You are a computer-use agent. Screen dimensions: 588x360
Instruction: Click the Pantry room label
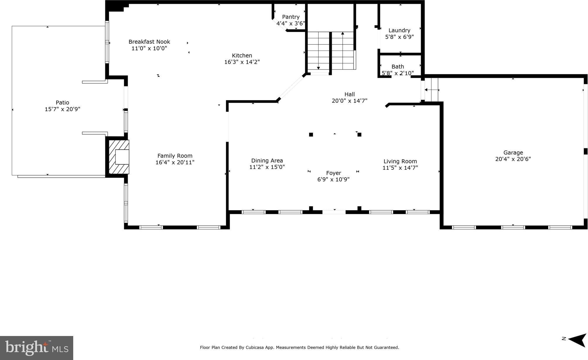291,17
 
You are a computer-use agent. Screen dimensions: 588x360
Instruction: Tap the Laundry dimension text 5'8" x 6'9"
399,37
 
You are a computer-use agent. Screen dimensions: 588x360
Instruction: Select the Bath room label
398,67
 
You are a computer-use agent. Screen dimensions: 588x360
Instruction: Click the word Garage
513,153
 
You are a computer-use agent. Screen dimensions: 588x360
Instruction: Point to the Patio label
62,102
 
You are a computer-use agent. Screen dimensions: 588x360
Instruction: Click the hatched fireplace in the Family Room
119,157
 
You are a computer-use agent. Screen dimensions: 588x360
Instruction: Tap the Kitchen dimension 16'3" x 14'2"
242,62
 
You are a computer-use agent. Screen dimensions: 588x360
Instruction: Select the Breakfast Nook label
149,42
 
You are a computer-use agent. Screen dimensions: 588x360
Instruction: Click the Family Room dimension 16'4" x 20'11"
175,162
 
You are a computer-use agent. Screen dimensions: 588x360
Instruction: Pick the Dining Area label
267,161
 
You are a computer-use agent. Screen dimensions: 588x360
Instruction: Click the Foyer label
334,173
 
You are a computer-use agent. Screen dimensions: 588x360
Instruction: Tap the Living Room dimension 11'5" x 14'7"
400,168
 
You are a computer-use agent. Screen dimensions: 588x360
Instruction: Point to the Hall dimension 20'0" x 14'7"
349,101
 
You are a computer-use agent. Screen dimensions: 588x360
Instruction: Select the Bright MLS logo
37,348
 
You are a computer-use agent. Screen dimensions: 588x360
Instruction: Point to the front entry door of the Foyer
334,212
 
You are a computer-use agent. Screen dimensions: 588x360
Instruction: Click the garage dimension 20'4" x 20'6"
513,159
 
